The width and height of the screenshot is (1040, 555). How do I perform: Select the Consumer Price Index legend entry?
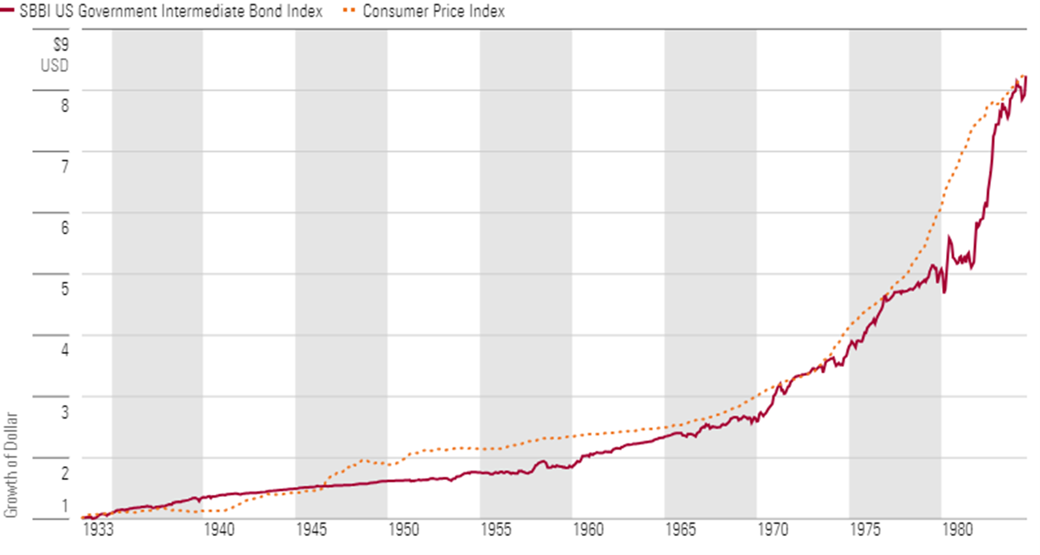pos(434,11)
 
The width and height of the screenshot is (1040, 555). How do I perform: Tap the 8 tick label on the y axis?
pos(65,105)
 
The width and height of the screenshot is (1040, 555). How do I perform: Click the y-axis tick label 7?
pos(65,166)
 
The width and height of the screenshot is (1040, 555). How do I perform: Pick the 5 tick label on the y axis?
pos(65,289)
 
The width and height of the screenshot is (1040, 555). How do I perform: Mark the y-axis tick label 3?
pos(65,412)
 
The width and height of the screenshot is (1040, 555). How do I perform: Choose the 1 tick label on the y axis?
pos(65,505)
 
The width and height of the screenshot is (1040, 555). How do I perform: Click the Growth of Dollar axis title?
pos(10,465)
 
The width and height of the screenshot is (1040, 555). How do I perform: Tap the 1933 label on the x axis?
pos(98,530)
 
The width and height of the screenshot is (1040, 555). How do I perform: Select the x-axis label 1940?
pos(219,530)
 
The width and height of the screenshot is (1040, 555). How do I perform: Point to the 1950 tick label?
pos(404,530)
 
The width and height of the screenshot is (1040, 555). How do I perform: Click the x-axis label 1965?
pos(681,530)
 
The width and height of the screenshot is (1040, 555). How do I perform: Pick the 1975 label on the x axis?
pos(865,530)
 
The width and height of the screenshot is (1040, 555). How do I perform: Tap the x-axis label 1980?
pos(957,530)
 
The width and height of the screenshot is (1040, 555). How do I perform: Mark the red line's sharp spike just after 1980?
pos(949,238)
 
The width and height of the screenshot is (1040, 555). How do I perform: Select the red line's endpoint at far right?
pos(1026,77)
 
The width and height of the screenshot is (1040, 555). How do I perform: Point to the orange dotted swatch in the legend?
pos(349,11)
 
